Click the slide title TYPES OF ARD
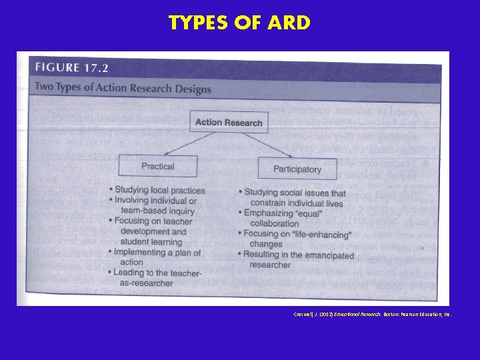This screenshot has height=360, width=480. click(239, 23)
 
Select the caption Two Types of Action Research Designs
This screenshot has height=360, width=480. click(123, 88)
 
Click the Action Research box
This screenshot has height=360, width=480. click(229, 122)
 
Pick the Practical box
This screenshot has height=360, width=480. click(157, 167)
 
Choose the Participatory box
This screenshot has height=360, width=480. click(297, 169)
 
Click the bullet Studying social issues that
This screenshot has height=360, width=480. click(295, 193)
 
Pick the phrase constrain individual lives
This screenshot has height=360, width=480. click(297, 203)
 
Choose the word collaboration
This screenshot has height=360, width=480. click(274, 224)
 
